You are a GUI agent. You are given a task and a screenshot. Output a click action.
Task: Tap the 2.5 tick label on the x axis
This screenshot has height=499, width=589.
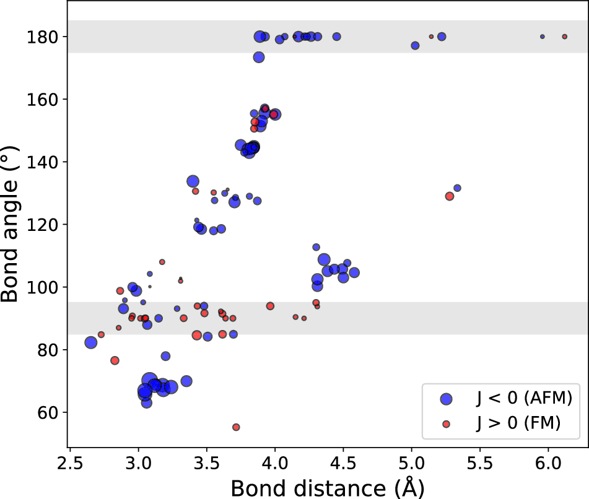[x=70, y=463]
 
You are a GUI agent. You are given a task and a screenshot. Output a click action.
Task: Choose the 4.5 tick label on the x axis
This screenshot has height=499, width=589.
[x=343, y=463]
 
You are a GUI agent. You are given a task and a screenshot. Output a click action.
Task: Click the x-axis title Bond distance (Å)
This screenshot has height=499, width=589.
[x=328, y=487]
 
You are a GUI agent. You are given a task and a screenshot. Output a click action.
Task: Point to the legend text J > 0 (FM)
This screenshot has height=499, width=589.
[x=518, y=423]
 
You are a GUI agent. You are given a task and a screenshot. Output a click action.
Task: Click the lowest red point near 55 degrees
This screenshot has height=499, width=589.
[x=236, y=427]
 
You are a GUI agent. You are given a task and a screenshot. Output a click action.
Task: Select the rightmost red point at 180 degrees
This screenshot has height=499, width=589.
[x=565, y=37]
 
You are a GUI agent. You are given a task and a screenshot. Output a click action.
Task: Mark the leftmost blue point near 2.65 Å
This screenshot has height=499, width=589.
[x=91, y=342]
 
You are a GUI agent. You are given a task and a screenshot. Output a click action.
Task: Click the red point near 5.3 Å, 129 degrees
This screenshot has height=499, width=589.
[x=450, y=196]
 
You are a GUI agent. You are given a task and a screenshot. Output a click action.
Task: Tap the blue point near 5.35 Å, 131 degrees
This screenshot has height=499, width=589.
[x=458, y=188]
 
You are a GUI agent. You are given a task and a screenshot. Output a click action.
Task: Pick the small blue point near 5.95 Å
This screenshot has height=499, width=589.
[x=543, y=37]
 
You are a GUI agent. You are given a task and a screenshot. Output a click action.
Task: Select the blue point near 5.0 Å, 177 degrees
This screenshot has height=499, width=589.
[x=415, y=46]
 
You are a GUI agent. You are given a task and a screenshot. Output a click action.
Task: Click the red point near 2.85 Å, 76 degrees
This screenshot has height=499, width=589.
[x=115, y=360]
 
